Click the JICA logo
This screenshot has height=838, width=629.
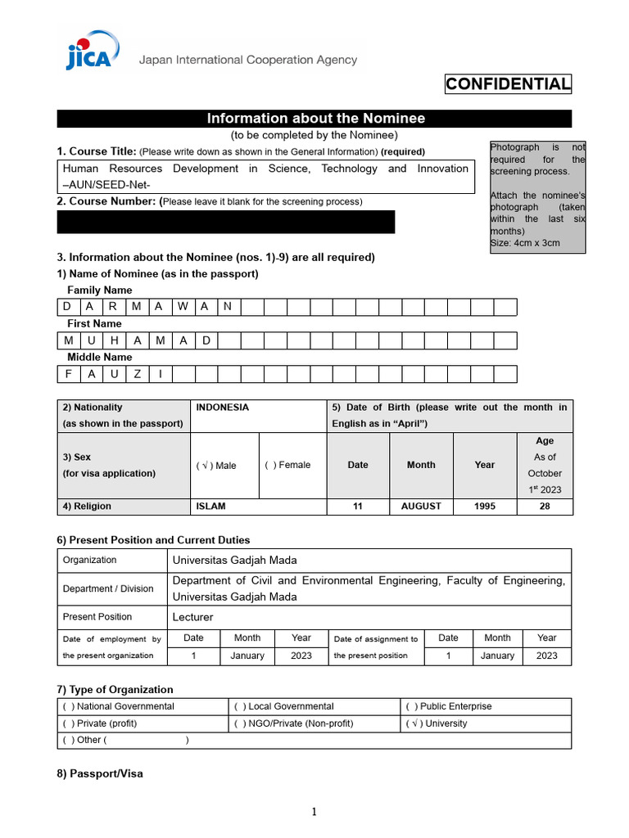click(x=88, y=51)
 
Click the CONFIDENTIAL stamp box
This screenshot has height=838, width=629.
click(x=508, y=84)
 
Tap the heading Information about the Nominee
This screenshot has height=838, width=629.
click(x=315, y=119)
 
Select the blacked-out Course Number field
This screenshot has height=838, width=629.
click(x=225, y=222)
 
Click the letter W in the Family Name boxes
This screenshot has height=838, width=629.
click(x=182, y=307)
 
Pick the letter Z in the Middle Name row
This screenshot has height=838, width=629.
click(x=137, y=374)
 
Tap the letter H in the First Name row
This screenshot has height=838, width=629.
click(x=114, y=340)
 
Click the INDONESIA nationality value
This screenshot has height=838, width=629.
click(x=223, y=408)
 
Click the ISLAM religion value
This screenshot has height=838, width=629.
click(x=211, y=507)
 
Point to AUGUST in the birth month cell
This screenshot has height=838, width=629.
click(x=421, y=507)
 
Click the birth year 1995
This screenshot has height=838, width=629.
click(x=485, y=507)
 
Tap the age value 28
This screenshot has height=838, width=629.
click(x=545, y=507)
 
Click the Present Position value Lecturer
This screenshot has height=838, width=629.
click(x=193, y=617)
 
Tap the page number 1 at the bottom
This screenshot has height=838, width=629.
click(x=313, y=812)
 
